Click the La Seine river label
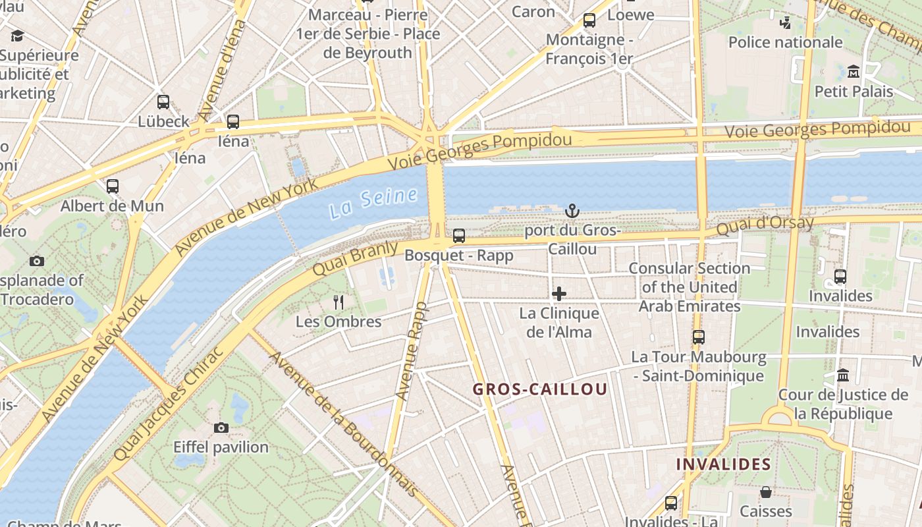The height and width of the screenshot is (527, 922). click(373, 202)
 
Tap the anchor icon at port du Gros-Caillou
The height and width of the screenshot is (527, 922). click(572, 211)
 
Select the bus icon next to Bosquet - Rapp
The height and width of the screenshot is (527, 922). click(459, 235)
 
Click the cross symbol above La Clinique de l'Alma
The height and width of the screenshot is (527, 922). click(559, 293)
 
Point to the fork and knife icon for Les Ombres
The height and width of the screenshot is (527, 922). click(339, 302)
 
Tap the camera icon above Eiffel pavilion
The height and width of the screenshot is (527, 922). click(221, 428)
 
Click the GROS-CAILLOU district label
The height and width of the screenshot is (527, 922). click(540, 389)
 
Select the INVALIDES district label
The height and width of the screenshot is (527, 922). click(723, 464)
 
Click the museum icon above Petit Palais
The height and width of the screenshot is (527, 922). click(854, 71)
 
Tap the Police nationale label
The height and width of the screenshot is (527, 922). click(785, 42)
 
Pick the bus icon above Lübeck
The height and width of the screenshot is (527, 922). click(163, 102)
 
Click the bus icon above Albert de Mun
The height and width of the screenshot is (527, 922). click(113, 186)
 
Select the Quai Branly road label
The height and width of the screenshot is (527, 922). click(355, 259)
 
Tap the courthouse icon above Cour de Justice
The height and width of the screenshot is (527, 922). click(842, 375)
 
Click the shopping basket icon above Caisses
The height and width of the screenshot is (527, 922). click(765, 491)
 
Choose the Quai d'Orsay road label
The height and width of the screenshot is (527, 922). click(765, 226)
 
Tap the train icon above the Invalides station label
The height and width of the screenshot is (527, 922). click(840, 277)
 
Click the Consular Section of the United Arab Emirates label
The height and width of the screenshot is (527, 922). click(689, 287)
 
